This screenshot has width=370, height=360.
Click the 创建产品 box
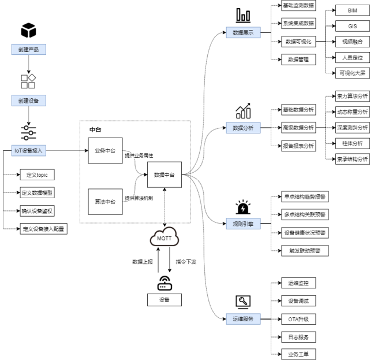pyautogui.click(x=28, y=49)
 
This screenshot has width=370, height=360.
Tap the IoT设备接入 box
pyautogui.click(x=28, y=151)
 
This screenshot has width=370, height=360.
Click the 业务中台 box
pyautogui.click(x=105, y=151)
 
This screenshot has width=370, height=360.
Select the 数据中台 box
pyautogui.click(x=165, y=175)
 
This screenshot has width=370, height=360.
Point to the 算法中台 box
pyautogui.click(x=105, y=201)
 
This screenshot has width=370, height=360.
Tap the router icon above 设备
pyautogui.click(x=165, y=283)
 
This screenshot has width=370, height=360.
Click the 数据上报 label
pyautogui.click(x=143, y=262)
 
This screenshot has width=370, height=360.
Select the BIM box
pyautogui.click(x=353, y=10)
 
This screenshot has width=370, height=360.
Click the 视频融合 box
pyautogui.click(x=353, y=42)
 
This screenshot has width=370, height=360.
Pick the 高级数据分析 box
pyautogui.click(x=298, y=128)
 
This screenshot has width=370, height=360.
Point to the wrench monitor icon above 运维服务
pyautogui.click(x=243, y=301)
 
